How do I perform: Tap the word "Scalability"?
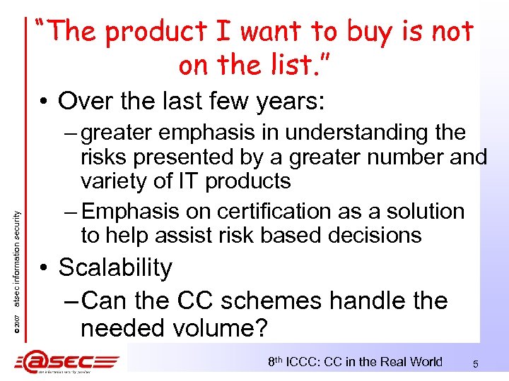click(115, 268)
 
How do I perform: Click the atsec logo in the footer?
click(67, 363)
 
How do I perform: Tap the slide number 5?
click(476, 364)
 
